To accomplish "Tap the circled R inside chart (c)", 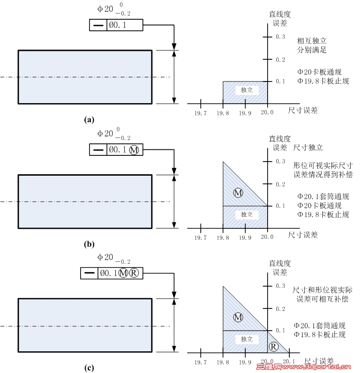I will [x=274, y=347].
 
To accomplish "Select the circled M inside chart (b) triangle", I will [x=238, y=193].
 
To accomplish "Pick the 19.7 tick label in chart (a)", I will [x=201, y=114].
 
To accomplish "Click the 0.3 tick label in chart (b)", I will [x=280, y=162].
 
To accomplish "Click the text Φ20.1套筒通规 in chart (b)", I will [x=323, y=196].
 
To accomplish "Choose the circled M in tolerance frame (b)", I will [x=134, y=150].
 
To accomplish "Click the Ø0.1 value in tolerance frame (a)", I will [x=118, y=25].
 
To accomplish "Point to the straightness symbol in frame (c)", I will [x=89, y=273].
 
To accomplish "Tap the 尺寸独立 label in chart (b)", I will [x=308, y=147].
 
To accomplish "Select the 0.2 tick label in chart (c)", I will [x=280, y=308].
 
